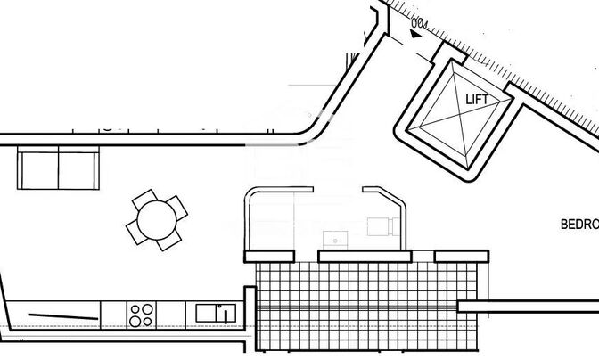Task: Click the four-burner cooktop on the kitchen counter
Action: click(x=141, y=314)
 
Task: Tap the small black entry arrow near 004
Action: click(x=415, y=33)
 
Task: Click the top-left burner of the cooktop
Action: click(x=135, y=308)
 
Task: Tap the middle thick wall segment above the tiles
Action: click(x=364, y=256)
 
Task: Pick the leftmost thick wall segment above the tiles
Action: click(x=271, y=256)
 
